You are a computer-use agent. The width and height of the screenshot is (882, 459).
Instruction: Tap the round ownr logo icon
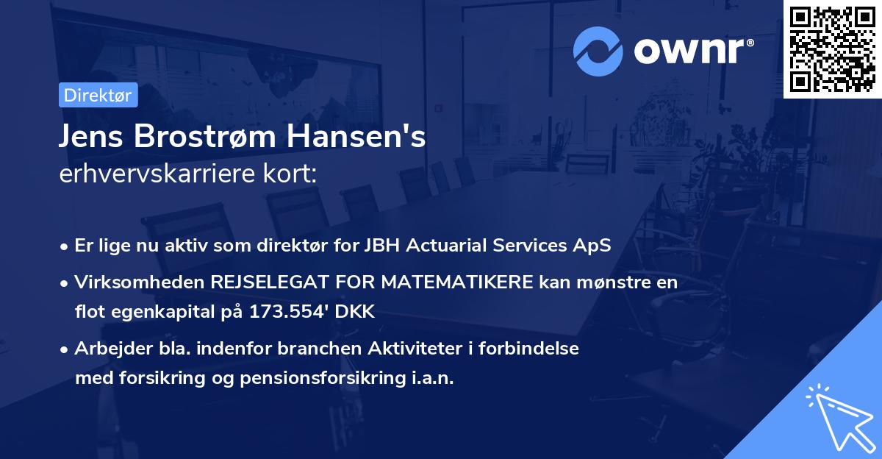598,51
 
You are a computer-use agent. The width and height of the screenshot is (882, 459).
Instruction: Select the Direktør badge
98,95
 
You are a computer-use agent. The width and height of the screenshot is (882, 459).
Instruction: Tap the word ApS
594,246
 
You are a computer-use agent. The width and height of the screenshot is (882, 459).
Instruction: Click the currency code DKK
356,312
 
